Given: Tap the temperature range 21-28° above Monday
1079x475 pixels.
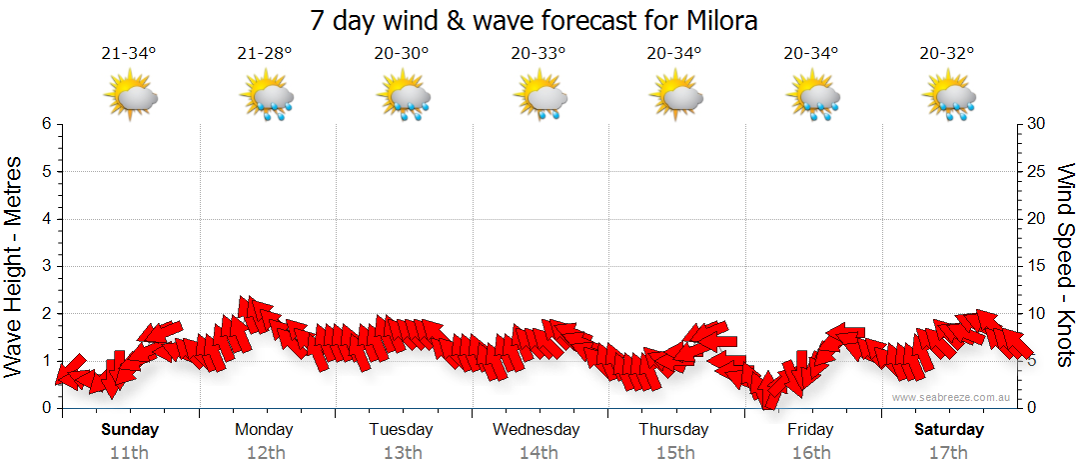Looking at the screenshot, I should [x=265, y=54].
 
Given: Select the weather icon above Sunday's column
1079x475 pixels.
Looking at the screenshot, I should [x=130, y=97].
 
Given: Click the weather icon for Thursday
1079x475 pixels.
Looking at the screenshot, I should [x=675, y=97].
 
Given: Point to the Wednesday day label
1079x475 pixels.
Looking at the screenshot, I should [x=537, y=430].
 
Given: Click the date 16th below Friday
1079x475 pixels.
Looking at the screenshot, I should [x=810, y=452].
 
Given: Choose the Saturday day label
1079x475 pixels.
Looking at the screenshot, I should [x=949, y=430].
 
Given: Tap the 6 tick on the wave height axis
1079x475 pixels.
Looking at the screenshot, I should [x=46, y=124].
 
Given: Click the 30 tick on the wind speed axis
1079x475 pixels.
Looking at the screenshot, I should [x=1037, y=124].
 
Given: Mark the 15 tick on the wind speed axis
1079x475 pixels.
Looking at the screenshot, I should [x=1037, y=266].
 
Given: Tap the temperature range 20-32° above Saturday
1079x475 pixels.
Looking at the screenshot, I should [x=947, y=54].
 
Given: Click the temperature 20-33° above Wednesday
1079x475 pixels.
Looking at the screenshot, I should [x=538, y=54].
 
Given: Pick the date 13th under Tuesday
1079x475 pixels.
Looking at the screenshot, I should [x=401, y=452].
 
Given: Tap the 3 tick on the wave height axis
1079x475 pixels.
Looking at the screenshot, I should [x=46, y=266].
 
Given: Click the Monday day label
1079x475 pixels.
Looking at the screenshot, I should [x=264, y=430].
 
